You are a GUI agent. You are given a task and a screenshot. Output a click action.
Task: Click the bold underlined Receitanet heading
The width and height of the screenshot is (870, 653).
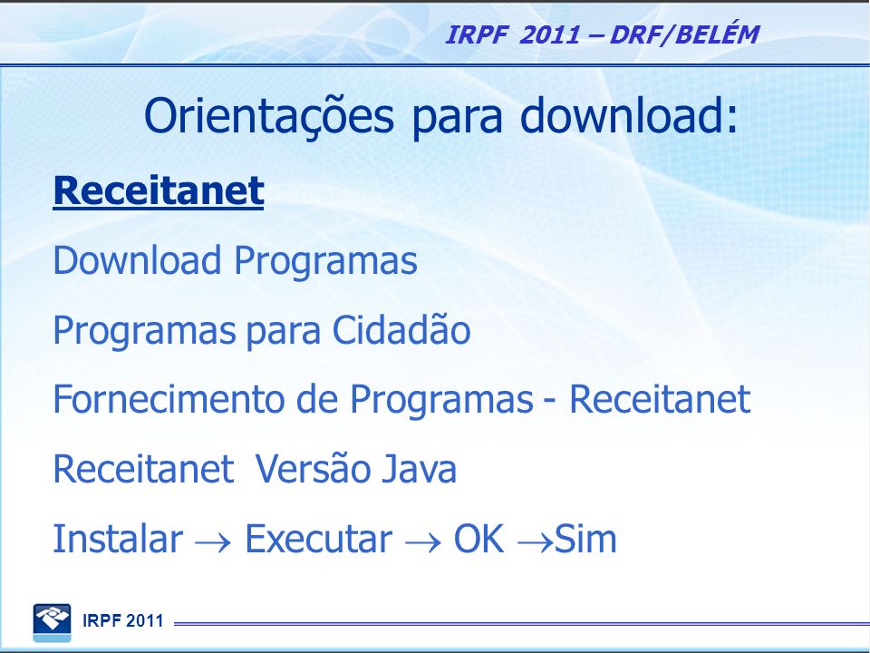coord(158,191)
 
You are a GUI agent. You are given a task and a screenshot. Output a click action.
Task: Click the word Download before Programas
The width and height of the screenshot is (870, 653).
coord(137,260)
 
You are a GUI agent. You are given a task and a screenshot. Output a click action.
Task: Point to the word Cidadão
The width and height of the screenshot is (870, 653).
coord(401,330)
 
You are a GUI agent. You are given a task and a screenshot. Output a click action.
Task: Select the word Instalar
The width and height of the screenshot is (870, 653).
coord(118,539)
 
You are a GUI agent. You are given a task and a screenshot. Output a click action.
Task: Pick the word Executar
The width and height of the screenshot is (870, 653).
coord(318,539)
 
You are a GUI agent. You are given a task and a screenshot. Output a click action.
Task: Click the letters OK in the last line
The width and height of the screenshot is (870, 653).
coord(478,539)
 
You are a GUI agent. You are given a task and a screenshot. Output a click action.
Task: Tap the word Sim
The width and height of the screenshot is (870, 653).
coord(585,539)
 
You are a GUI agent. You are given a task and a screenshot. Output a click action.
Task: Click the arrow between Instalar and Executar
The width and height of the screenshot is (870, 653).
coord(213,542)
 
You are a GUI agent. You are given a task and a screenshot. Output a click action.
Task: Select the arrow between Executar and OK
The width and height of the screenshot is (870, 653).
coord(423,542)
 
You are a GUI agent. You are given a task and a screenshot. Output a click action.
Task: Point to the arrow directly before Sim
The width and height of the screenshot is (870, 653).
coord(536,542)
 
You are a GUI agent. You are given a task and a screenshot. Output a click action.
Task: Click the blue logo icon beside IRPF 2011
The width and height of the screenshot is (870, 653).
coord(53,622)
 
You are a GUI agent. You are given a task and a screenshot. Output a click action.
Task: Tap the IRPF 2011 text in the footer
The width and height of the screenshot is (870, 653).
coord(122,620)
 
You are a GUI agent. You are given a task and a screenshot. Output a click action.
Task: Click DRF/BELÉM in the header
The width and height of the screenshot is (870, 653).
coord(684,34)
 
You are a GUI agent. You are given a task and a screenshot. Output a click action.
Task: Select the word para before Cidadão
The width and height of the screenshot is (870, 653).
coord(283,332)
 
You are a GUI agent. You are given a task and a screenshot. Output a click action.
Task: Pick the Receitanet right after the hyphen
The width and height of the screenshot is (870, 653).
coord(660,399)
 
